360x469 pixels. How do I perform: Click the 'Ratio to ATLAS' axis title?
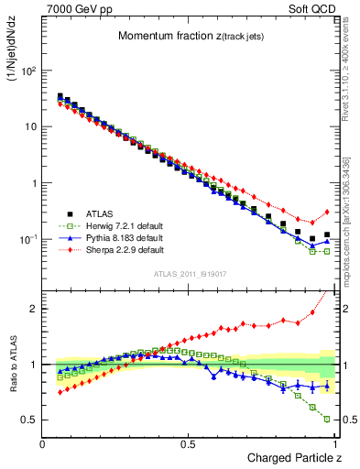coord(14,365)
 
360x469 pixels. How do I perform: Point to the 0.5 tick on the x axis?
coord(189,444)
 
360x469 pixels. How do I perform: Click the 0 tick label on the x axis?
coord(43,444)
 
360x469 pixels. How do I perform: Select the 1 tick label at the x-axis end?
coord(335,444)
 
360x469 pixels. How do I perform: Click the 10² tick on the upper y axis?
coord(31,70)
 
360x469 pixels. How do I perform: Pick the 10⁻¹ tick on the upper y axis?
coord(31,239)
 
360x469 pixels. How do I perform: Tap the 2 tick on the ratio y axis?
coord(35,308)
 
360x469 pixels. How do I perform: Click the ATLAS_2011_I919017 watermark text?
coord(190,275)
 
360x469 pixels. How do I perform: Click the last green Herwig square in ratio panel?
coord(327,420)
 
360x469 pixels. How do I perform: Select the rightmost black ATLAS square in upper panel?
coord(327,234)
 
